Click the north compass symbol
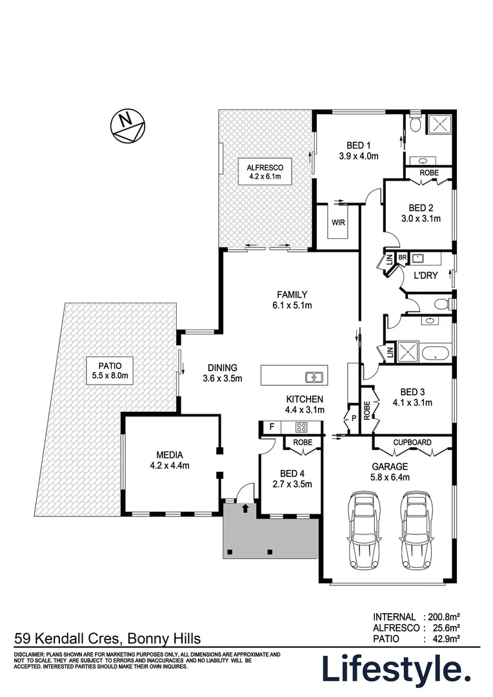click(x=128, y=126)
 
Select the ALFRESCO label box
click(x=265, y=172)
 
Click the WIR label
click(x=338, y=222)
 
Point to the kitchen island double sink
click(x=314, y=378)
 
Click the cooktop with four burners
click(x=301, y=427)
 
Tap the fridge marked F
click(x=272, y=427)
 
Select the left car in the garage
click(x=365, y=530)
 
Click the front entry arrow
click(x=245, y=508)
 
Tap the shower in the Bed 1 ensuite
click(x=439, y=123)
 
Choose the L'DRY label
click(x=425, y=276)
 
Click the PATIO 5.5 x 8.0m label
click(x=110, y=370)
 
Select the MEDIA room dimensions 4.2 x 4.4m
click(x=169, y=466)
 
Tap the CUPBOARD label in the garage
click(x=412, y=443)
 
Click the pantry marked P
click(x=354, y=418)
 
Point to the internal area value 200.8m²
click(x=444, y=617)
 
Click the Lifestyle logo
click(x=396, y=669)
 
